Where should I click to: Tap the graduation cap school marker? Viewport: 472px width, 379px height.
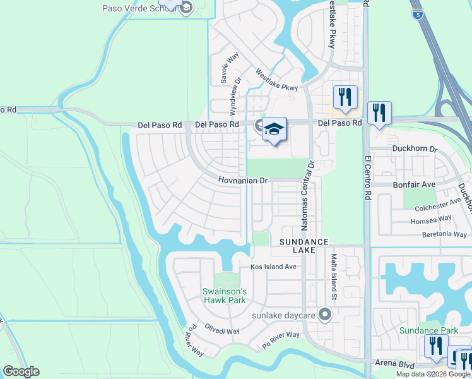point(274,130)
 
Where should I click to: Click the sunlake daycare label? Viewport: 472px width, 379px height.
point(283,315)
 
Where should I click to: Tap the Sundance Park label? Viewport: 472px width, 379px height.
point(428,330)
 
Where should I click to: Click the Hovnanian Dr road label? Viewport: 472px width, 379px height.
point(244,181)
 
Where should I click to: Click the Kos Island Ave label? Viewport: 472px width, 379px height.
point(273,267)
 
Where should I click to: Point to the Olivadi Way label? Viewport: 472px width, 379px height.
point(223,330)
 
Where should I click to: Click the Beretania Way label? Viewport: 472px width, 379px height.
point(445,234)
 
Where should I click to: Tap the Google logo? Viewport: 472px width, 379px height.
point(20,371)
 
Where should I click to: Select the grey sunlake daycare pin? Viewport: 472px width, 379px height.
point(325,314)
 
